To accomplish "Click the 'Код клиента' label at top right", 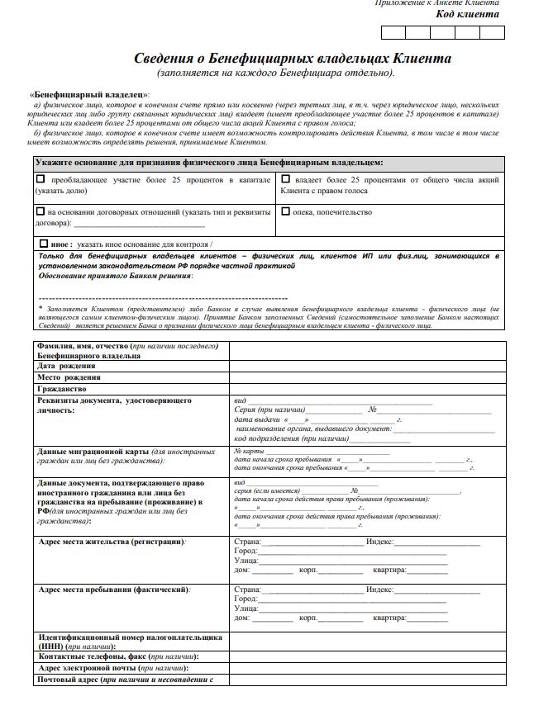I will pos(467,14).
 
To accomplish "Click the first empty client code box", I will pos(393,33).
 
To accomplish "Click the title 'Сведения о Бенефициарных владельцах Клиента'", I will pos(293,59).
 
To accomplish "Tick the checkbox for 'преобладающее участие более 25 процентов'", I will pos(41,178).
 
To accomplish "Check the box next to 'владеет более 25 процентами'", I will pos(285,178).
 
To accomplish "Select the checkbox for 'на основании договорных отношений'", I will pos(41,211).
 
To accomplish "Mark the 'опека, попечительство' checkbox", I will pos(285,211).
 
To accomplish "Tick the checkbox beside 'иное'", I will pos(44,244).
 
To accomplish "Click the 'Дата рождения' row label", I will pos(66,366).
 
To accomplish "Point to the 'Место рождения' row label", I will pos(71,377).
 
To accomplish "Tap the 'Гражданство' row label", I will pos(62,389).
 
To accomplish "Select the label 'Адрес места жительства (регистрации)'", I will pos(112,542).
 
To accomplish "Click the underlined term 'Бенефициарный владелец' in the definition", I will pos(89,95).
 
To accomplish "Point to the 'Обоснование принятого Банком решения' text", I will pos(116,276).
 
